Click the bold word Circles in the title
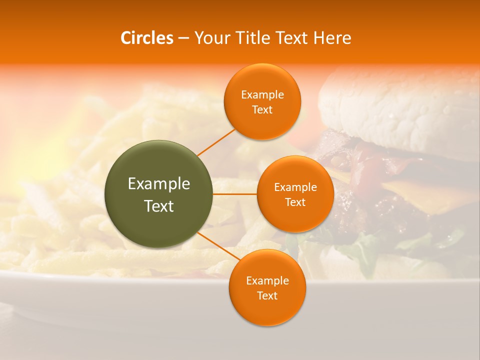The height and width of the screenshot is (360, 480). [x=147, y=38]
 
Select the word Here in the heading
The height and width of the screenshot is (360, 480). [x=332, y=38]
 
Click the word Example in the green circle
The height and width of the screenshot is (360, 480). [x=159, y=184]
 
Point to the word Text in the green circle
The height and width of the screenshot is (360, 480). [x=159, y=206]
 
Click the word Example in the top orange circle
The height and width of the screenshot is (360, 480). [x=262, y=95]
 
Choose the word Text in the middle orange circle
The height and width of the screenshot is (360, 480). [x=295, y=202]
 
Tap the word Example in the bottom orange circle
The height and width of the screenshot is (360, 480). [x=267, y=281]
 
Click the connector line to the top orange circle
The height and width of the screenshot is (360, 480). [x=216, y=142]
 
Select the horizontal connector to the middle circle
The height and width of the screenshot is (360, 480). [x=235, y=194]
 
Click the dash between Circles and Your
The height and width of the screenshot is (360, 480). [x=183, y=38]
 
